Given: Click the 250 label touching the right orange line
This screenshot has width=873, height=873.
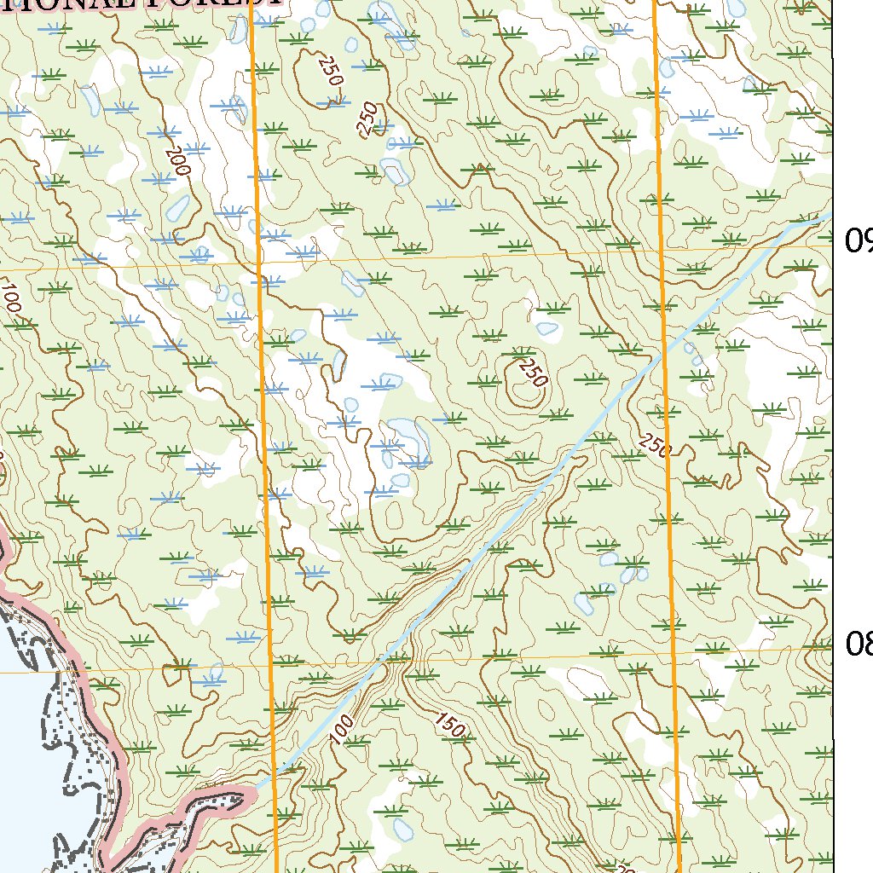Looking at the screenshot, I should coord(654,444).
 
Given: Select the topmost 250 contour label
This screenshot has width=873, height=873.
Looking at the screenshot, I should coord(330,70).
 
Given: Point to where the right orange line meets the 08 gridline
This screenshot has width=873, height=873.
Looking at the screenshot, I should coord(674,651).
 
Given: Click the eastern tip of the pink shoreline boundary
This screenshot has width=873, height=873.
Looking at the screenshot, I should coord(254,794).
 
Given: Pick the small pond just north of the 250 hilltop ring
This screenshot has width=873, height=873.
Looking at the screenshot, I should coord(546,327).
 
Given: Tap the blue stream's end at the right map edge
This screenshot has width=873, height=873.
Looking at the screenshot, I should coord(829,217).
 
